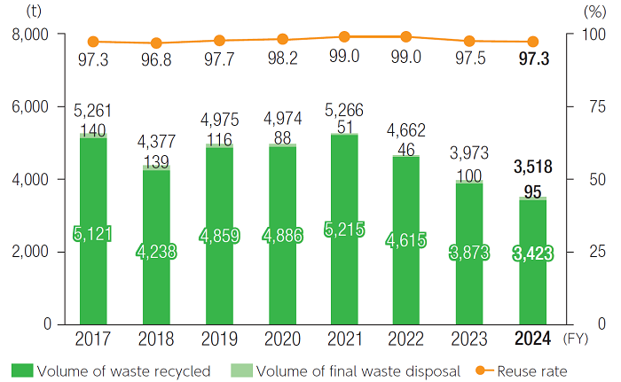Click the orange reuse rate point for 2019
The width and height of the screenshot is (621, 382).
(x=219, y=41)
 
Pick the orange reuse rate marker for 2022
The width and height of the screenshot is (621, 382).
(x=406, y=36)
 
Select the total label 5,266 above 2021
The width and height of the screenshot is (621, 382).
(x=343, y=111)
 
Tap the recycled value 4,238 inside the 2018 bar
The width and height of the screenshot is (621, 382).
(x=156, y=251)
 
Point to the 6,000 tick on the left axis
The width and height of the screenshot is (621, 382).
(x=32, y=106)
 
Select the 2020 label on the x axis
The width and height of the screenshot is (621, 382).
(x=281, y=339)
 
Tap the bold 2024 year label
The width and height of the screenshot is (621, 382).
(x=532, y=339)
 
